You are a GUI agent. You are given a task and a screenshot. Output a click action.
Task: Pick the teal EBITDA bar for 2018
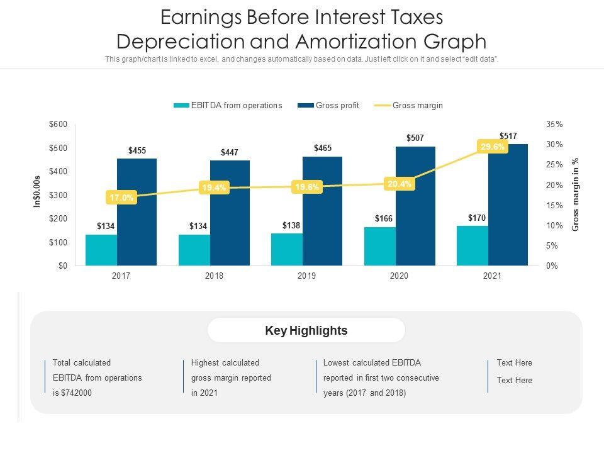click(x=194, y=250)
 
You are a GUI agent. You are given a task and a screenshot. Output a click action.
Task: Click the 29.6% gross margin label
click(x=493, y=147)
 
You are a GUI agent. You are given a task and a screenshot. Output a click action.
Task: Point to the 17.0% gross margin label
click(x=121, y=198)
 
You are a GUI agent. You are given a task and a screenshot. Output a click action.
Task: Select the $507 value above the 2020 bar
click(x=415, y=138)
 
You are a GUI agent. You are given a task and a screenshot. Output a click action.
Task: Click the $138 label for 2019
click(x=291, y=225)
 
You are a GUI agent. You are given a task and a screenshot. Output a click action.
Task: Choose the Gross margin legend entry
click(x=417, y=106)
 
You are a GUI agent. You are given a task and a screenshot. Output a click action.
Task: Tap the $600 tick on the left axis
click(x=58, y=125)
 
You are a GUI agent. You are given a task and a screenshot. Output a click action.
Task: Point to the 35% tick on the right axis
click(x=554, y=125)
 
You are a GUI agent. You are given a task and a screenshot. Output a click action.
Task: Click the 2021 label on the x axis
click(x=492, y=276)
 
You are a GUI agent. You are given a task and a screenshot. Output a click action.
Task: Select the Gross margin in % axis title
click(x=575, y=194)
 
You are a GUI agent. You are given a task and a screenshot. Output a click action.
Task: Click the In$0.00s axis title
click(x=37, y=191)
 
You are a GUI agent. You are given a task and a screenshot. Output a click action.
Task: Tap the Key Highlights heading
click(x=306, y=330)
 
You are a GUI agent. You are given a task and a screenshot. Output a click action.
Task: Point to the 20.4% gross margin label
click(x=400, y=184)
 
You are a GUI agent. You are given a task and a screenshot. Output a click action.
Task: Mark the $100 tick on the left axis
click(x=58, y=242)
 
